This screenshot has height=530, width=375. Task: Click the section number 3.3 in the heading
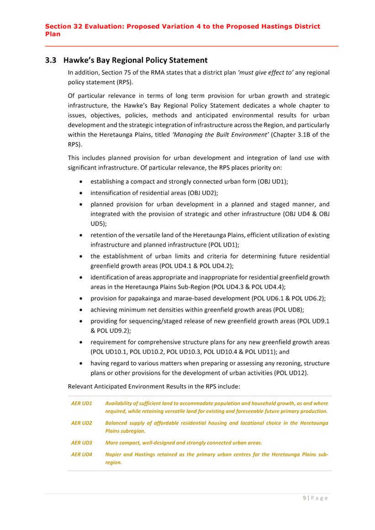click(51, 60)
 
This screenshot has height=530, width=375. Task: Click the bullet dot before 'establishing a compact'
click(81, 182)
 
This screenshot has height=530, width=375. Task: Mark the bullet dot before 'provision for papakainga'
click(81, 299)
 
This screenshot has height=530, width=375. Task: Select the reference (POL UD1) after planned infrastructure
click(219, 245)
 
